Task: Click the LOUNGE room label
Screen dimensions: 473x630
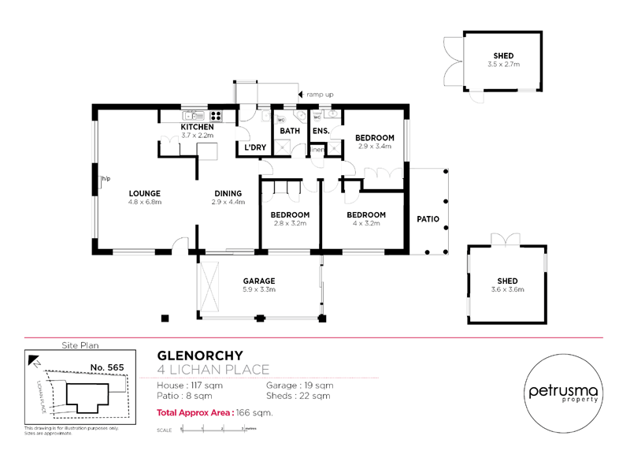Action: click(146, 193)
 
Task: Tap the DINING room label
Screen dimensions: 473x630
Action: click(228, 193)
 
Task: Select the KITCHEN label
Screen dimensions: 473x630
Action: click(197, 127)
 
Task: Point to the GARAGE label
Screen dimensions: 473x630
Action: click(258, 281)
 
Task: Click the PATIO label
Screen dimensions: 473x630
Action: click(428, 220)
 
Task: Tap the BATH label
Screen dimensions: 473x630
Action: click(291, 132)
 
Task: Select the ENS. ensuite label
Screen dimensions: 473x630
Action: click(321, 132)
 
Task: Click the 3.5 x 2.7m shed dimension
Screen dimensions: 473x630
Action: click(503, 64)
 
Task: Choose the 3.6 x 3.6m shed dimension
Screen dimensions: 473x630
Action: click(508, 289)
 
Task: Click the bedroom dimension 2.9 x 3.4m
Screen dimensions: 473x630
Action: click(375, 147)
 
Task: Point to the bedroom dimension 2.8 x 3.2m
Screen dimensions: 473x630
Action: click(290, 223)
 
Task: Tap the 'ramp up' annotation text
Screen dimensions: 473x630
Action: click(320, 95)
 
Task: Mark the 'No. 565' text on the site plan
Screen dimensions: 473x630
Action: click(106, 368)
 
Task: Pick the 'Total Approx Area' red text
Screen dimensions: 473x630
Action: click(191, 412)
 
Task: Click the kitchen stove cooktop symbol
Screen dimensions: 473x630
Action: click(215, 116)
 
